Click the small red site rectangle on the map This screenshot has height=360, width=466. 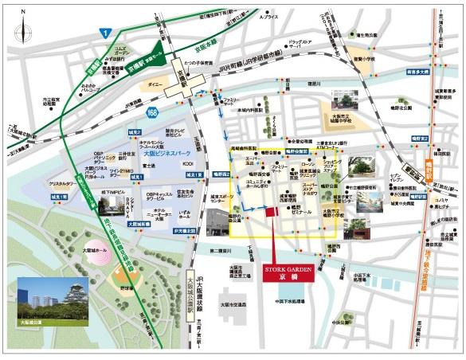point(270,211)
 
